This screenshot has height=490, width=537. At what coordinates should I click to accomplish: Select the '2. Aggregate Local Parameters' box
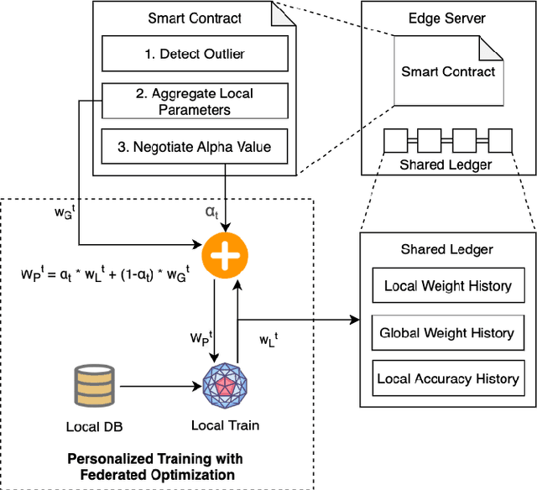195,101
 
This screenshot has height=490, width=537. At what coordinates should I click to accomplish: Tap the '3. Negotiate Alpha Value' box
195,148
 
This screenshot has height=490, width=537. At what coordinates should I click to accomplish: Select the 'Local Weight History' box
446,286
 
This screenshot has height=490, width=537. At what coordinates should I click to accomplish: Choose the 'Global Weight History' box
446,333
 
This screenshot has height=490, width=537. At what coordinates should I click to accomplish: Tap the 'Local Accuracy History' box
446,379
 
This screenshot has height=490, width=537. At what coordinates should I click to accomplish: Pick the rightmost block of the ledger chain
500,139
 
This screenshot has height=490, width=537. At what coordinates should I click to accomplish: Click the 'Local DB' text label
94,426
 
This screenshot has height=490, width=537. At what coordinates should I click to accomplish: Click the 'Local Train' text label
225,425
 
